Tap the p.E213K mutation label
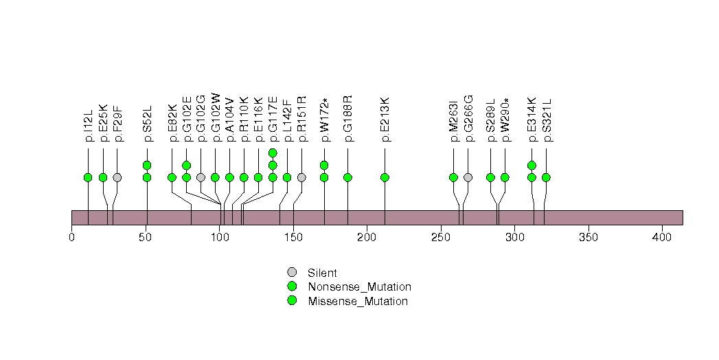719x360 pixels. coord(385,122)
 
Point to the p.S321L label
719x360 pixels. coord(547,122)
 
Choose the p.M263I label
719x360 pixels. coord(453,123)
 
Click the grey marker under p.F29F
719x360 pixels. coord(117,177)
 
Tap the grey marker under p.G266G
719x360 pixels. coord(468,177)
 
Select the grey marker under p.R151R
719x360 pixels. coord(301,177)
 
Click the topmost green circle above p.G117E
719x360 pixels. coord(273,153)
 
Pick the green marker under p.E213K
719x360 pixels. coord(385,177)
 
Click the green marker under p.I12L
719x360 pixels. coord(88,177)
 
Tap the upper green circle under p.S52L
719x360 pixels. coord(146,165)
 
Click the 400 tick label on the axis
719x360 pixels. coord(662,237)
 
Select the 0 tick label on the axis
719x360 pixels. coord(72,237)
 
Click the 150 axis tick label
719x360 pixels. coord(293,237)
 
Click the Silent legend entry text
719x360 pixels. coord(322,273)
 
